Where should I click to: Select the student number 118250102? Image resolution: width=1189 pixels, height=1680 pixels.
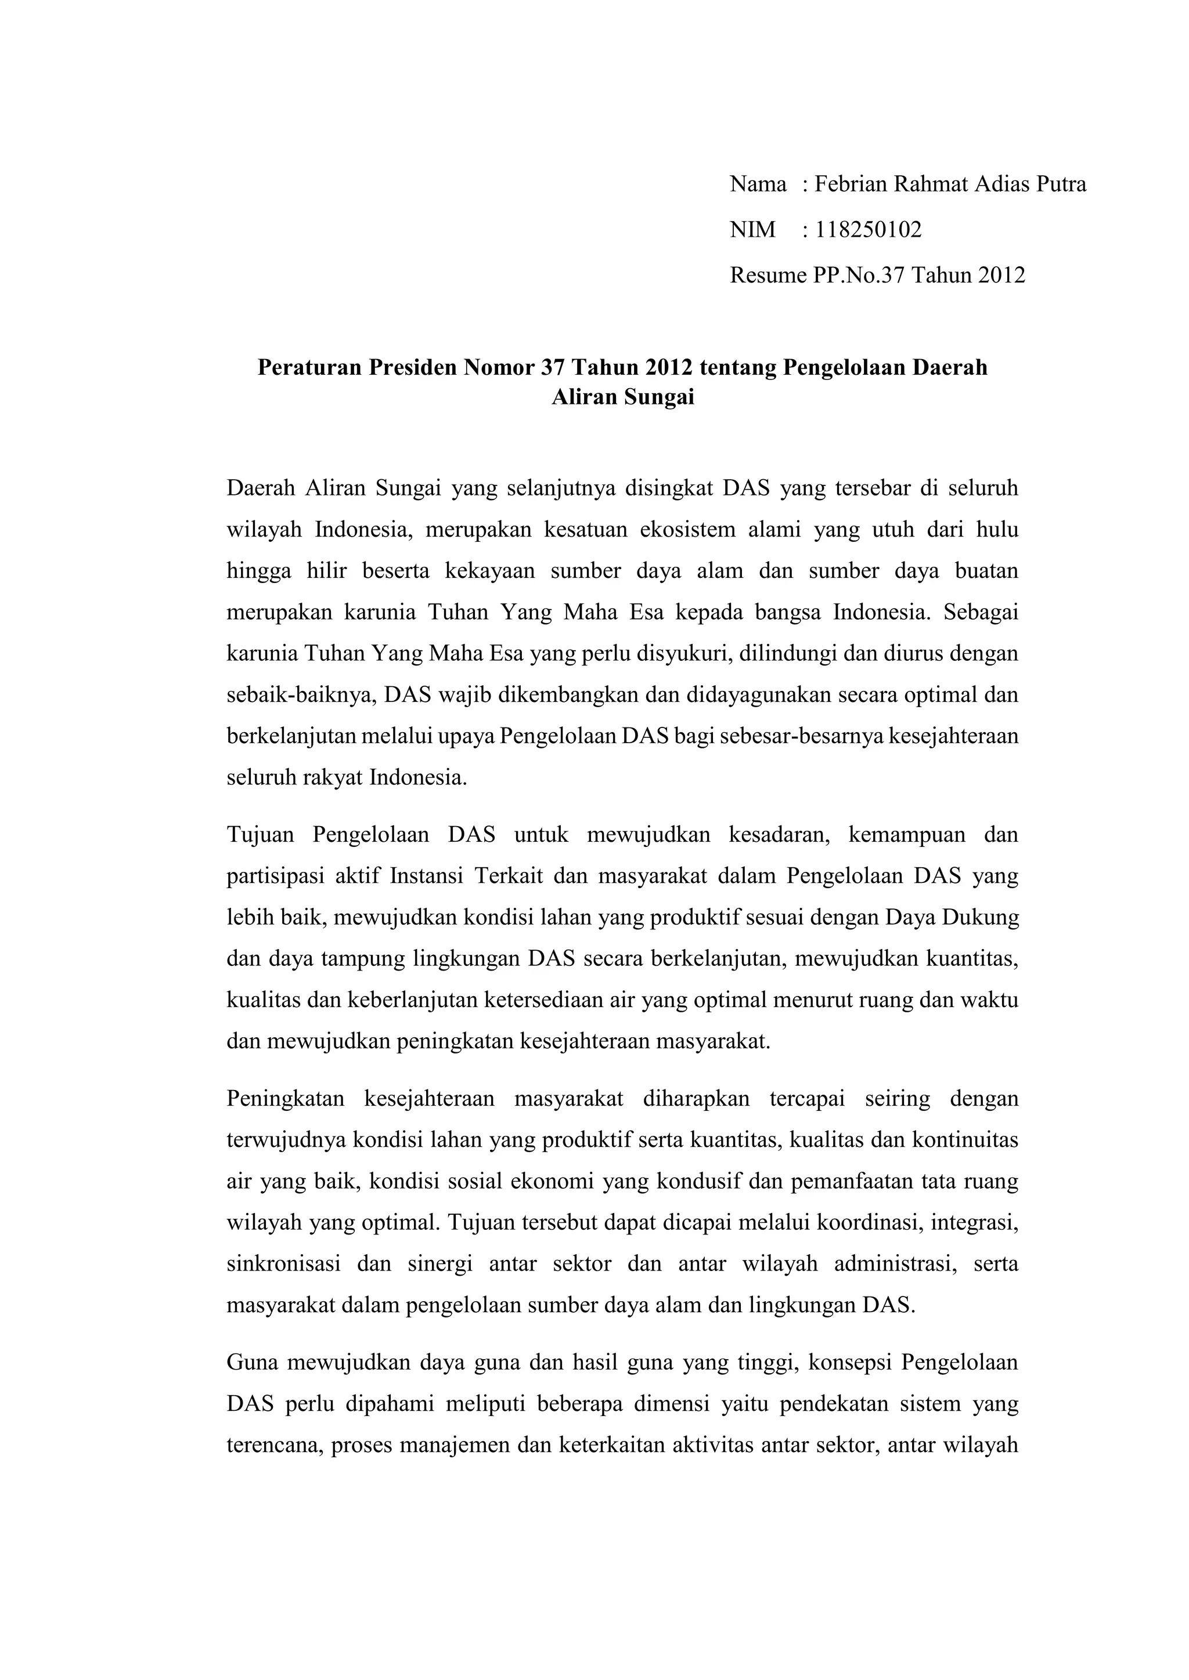point(869,230)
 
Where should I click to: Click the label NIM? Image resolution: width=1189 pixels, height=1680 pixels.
point(752,230)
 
